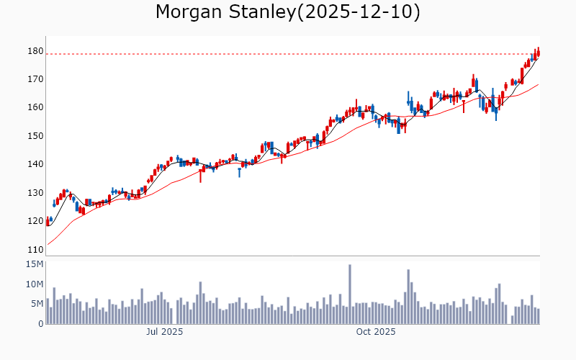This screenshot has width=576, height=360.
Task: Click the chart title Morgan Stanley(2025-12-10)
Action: pyautogui.click(x=288, y=12)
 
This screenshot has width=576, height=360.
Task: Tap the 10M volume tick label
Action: pyautogui.click(x=34, y=284)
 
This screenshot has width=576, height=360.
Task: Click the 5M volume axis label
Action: pyautogui.click(x=36, y=304)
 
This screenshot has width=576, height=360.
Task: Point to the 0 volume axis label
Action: pyautogui.click(x=40, y=324)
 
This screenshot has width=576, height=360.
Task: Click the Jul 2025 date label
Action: pyautogui.click(x=164, y=332)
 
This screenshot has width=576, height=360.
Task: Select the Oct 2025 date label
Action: pyautogui.click(x=377, y=332)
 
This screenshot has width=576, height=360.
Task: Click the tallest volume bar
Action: pyautogui.click(x=350, y=294)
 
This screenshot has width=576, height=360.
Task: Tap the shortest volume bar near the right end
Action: pyautogui.click(x=513, y=320)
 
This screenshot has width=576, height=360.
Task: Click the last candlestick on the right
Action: pyautogui.click(x=539, y=53)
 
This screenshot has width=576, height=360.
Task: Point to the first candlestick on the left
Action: pyautogui.click(x=48, y=221)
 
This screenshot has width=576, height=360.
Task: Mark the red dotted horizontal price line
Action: pyautogui.click(x=288, y=54)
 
